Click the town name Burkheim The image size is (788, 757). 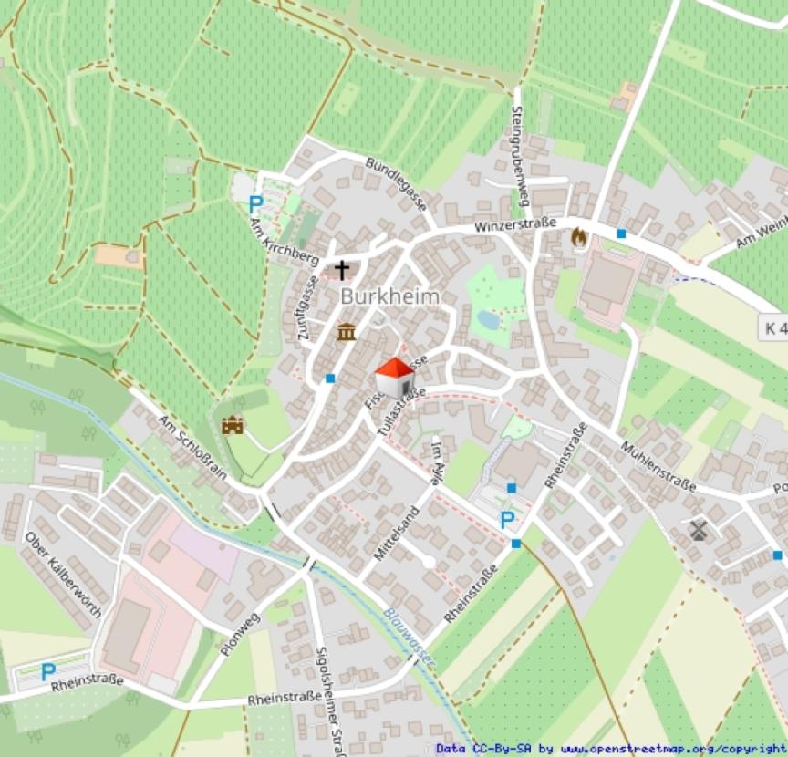point(389,296)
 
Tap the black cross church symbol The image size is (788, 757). point(342,269)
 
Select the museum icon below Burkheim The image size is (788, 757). point(346,331)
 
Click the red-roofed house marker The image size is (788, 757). point(394,377)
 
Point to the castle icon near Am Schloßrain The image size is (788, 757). point(233,425)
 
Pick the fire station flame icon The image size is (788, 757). point(578,237)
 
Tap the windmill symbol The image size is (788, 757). point(700,530)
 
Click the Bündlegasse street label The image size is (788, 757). point(397,183)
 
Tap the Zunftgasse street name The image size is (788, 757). point(306,308)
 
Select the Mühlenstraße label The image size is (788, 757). point(658,465)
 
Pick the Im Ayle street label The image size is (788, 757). point(441,461)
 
